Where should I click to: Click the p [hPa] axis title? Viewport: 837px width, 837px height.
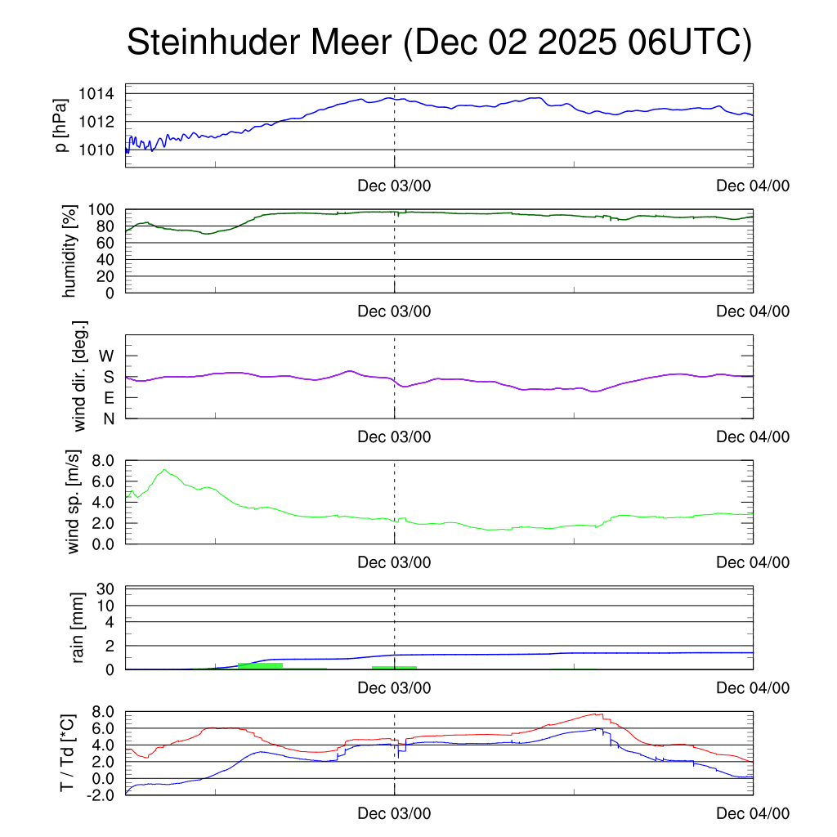61,125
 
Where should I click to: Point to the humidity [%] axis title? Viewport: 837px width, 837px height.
69,251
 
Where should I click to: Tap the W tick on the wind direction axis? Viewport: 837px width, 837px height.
106,356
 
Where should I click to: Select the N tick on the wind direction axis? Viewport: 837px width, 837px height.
108,418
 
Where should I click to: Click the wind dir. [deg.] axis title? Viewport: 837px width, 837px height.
79,376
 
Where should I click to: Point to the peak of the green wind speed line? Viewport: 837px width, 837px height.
165,470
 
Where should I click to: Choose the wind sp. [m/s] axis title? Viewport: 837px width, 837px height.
74,501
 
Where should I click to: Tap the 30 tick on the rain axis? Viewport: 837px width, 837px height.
106,589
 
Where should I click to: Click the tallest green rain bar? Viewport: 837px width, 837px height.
260,666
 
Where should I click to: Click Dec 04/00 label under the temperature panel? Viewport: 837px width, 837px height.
753,813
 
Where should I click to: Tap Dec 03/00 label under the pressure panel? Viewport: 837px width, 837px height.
394,186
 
